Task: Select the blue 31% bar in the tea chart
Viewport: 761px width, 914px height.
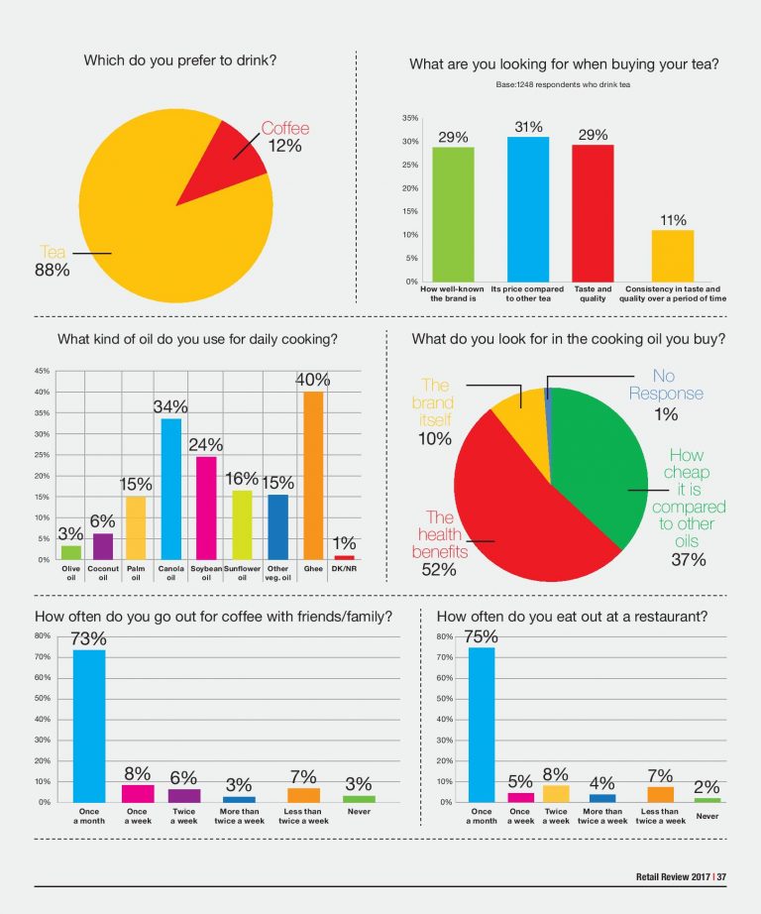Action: point(528,209)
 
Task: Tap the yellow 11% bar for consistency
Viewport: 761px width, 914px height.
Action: point(673,256)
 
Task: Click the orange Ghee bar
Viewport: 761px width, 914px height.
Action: point(313,476)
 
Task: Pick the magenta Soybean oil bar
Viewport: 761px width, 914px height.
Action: point(206,509)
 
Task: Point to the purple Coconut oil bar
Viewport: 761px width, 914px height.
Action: point(103,547)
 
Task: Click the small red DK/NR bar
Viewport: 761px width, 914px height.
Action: point(345,558)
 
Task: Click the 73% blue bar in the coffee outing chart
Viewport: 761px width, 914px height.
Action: point(89,727)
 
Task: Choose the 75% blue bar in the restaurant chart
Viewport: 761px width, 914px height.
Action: point(482,725)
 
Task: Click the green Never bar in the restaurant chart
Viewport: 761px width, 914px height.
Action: point(707,800)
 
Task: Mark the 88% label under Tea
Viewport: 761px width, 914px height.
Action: point(52,270)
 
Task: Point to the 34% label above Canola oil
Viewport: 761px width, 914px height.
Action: point(170,406)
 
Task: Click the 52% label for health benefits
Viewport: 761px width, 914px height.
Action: point(439,569)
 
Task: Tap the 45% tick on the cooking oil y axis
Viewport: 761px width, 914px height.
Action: point(42,371)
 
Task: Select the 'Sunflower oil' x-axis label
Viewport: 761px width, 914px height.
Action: point(242,573)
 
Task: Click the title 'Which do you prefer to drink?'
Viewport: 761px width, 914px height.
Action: point(180,60)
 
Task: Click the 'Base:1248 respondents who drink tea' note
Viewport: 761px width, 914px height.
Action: point(563,84)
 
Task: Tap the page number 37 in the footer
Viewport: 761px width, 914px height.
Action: point(721,876)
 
